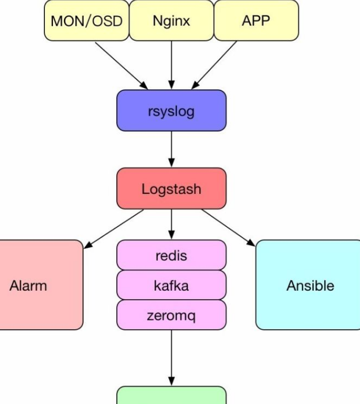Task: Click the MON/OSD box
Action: [x=86, y=21]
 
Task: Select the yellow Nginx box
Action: [x=171, y=21]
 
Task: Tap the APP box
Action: [x=256, y=21]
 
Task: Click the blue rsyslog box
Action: [x=171, y=110]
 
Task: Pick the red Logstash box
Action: [x=171, y=189]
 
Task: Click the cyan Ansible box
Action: [x=310, y=285]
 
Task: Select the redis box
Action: [x=171, y=256]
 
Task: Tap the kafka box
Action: [x=171, y=285]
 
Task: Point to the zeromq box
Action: [x=171, y=315]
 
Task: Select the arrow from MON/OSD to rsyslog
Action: [x=122, y=63]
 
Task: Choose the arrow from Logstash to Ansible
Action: [x=228, y=228]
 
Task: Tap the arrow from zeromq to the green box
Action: [x=171, y=357]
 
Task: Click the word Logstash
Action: [x=171, y=189]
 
